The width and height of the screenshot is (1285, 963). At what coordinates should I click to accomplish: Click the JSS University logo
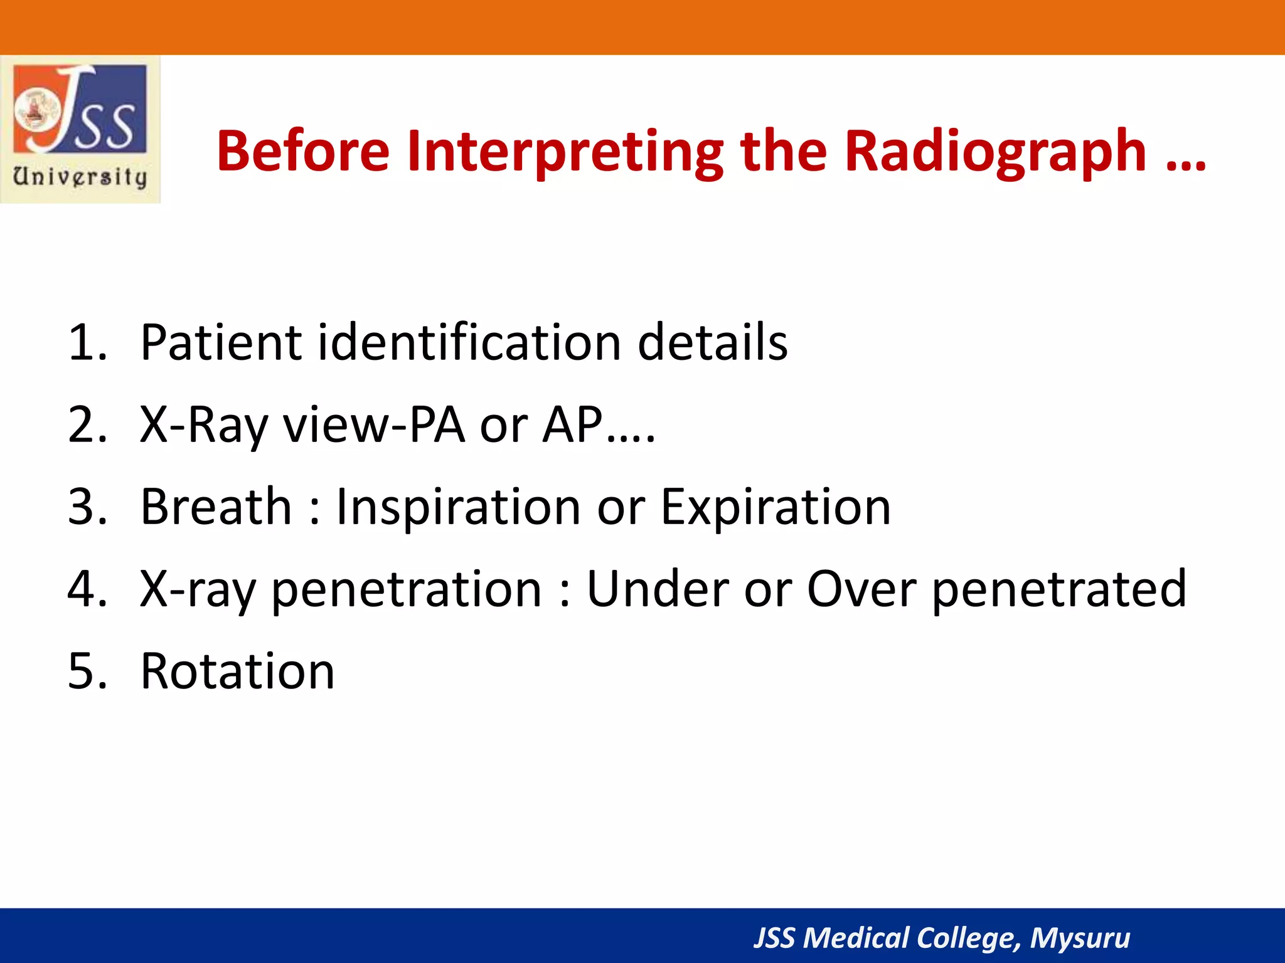80,129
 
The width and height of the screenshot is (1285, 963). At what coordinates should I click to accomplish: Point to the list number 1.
87,342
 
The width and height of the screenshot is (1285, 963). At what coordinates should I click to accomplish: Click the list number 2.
87,425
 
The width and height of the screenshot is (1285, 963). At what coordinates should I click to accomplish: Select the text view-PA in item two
374,425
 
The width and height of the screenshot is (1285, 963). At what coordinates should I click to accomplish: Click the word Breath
216,507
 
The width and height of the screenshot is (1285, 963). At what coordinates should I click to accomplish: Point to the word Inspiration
458,507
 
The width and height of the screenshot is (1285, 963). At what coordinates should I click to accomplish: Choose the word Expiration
776,507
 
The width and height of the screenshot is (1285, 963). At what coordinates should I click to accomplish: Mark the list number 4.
87,589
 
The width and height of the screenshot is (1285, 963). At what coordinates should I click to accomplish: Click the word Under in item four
657,589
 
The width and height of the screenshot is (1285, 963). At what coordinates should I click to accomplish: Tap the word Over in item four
861,589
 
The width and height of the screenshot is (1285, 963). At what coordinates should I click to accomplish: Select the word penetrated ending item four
1059,589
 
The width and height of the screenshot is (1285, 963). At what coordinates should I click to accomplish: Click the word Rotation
237,671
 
